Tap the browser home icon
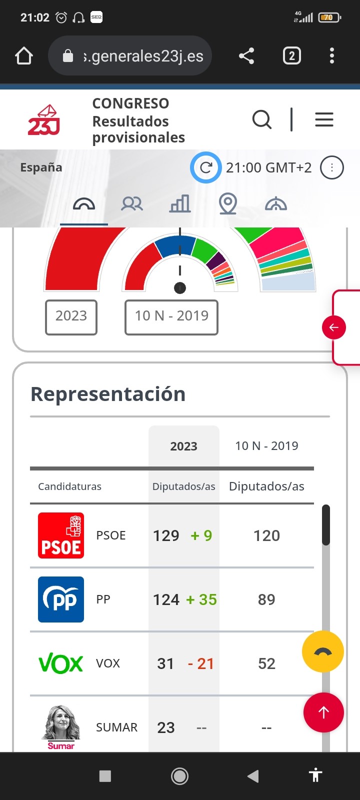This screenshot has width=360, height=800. pos(24,56)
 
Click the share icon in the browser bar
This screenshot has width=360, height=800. pos(246,56)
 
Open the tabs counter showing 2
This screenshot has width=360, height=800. pos(291,55)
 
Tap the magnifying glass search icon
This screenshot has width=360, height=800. pos(261,120)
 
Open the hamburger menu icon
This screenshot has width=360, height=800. pos(324,119)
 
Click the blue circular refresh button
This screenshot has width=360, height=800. pos(205,167)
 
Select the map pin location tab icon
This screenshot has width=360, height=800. pos(227,204)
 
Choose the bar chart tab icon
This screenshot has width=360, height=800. pos(180,204)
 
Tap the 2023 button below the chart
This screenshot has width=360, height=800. pos(71,316)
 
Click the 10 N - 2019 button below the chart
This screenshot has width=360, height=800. pos(171,316)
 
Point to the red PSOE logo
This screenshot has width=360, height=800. pos(61,535)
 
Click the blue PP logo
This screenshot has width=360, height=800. pos(61,599)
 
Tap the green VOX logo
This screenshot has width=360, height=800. pos(61,663)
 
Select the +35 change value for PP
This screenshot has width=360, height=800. pos(201,599)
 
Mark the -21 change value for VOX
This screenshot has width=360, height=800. pos(201,663)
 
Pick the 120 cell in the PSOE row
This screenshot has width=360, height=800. pos(266,535)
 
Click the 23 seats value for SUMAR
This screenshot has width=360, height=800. pos(166,727)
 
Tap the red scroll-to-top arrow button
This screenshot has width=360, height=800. pos(323,712)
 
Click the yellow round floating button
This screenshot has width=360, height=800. pos(323,651)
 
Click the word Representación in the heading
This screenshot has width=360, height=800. pos(108,394)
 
